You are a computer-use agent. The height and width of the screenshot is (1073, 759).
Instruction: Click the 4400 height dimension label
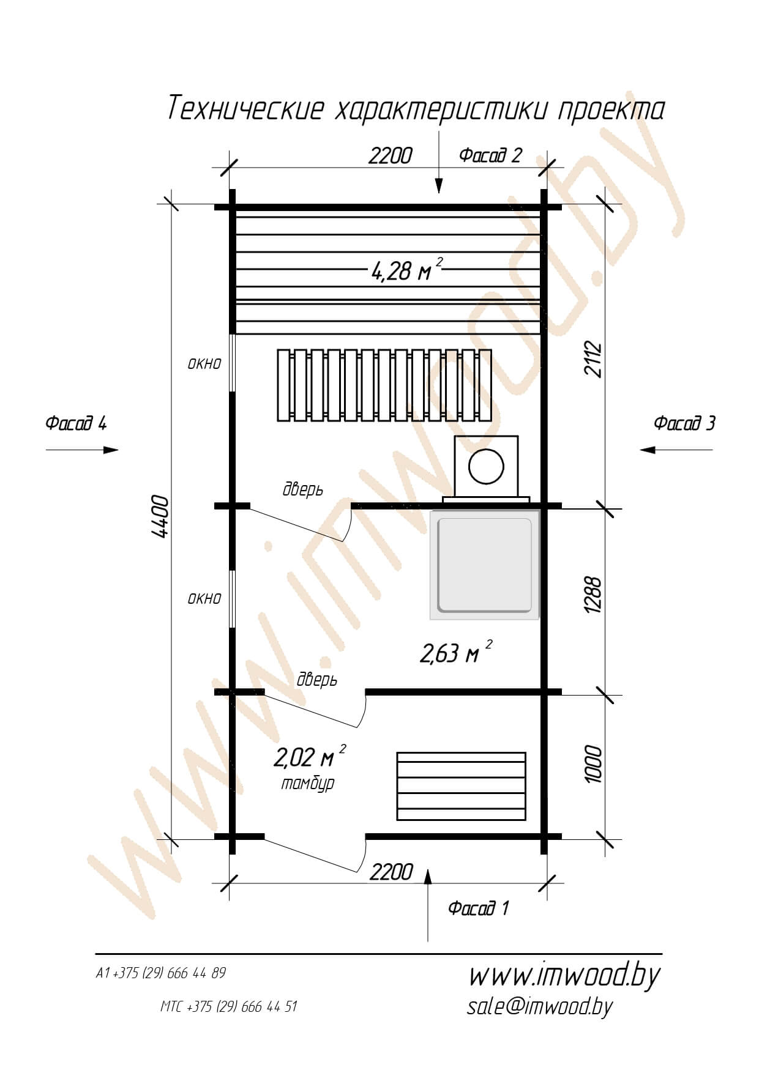click(161, 516)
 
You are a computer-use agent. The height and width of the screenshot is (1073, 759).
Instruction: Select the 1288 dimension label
click(593, 594)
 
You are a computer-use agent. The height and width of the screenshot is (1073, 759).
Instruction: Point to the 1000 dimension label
click(593, 763)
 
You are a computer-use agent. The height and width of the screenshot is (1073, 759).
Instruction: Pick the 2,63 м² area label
click(456, 652)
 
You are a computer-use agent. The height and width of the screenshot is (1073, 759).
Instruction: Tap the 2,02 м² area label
click(310, 756)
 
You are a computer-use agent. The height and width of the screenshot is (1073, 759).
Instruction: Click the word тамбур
click(308, 784)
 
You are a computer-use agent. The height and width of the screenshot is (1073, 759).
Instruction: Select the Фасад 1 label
click(479, 908)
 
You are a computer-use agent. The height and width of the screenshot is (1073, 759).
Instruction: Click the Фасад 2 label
click(491, 155)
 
